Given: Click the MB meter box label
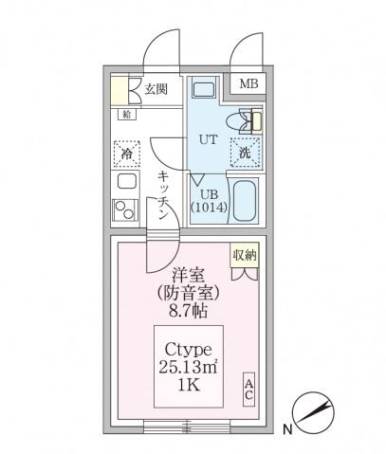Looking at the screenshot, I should [x=248, y=84].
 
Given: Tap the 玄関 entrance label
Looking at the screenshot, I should [x=156, y=90].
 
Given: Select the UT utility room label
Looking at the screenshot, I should [x=208, y=138].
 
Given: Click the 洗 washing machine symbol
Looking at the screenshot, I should [x=246, y=152].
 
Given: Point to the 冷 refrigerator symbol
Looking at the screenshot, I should [x=127, y=152].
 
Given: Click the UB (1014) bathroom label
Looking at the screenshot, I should [x=206, y=199].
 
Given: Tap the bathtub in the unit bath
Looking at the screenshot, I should [x=246, y=198].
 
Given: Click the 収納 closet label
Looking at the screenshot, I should [x=245, y=255].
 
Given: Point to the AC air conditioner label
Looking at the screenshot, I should [x=248, y=388].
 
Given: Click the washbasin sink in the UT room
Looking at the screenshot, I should [x=205, y=91].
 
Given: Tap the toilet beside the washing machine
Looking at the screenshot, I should [x=252, y=120].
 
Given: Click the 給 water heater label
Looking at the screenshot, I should [x=127, y=114].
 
